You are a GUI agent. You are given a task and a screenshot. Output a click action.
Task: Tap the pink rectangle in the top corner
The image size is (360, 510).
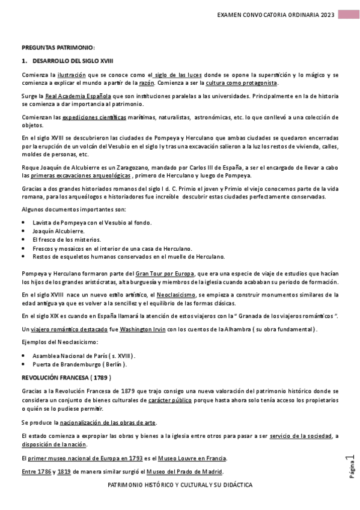[349, 14]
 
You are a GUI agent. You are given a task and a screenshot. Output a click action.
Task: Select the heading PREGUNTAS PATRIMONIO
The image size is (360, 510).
[58, 48]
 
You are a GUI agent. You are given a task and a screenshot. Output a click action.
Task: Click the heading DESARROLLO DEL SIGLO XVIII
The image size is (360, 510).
[72, 61]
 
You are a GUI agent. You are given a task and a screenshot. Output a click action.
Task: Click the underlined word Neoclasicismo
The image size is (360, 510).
[176, 295]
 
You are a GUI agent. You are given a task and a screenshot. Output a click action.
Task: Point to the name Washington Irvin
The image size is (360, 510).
[144, 329]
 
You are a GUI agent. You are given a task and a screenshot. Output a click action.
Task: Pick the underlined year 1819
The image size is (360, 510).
[63, 471]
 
